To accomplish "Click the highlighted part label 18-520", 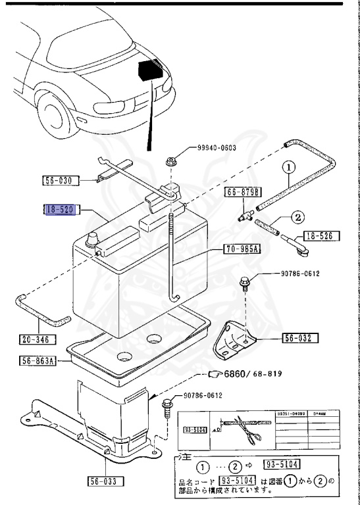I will [x=61, y=210].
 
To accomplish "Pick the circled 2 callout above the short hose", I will [x=297, y=217].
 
